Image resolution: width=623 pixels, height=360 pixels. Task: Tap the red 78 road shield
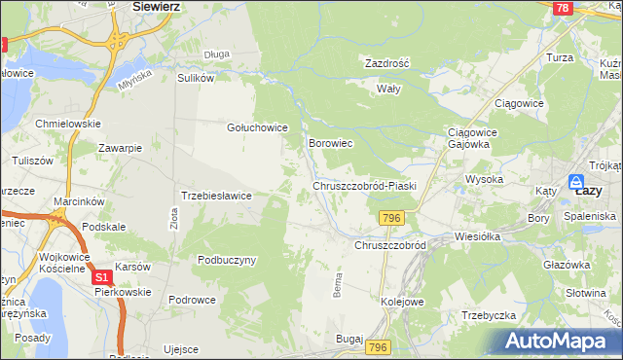[x=561, y=8]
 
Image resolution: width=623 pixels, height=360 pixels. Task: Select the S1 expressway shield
[x=102, y=277]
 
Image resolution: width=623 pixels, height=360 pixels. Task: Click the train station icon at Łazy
[x=577, y=181]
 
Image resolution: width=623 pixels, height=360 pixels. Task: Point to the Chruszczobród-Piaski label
[x=365, y=186]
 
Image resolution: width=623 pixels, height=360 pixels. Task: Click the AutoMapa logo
[x=559, y=342]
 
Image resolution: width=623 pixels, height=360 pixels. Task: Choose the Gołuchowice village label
[x=257, y=127]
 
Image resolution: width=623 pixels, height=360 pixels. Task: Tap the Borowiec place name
[x=330, y=143]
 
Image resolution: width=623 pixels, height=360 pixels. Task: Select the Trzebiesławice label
[x=217, y=196]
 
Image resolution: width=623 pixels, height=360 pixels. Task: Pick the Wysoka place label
[x=484, y=180]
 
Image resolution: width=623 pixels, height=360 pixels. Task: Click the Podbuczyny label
[x=227, y=260]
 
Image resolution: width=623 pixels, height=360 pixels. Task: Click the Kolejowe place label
[x=402, y=302]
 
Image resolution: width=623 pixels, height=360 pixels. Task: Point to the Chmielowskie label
[x=68, y=125]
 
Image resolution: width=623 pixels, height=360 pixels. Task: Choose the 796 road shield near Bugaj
[x=379, y=347]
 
